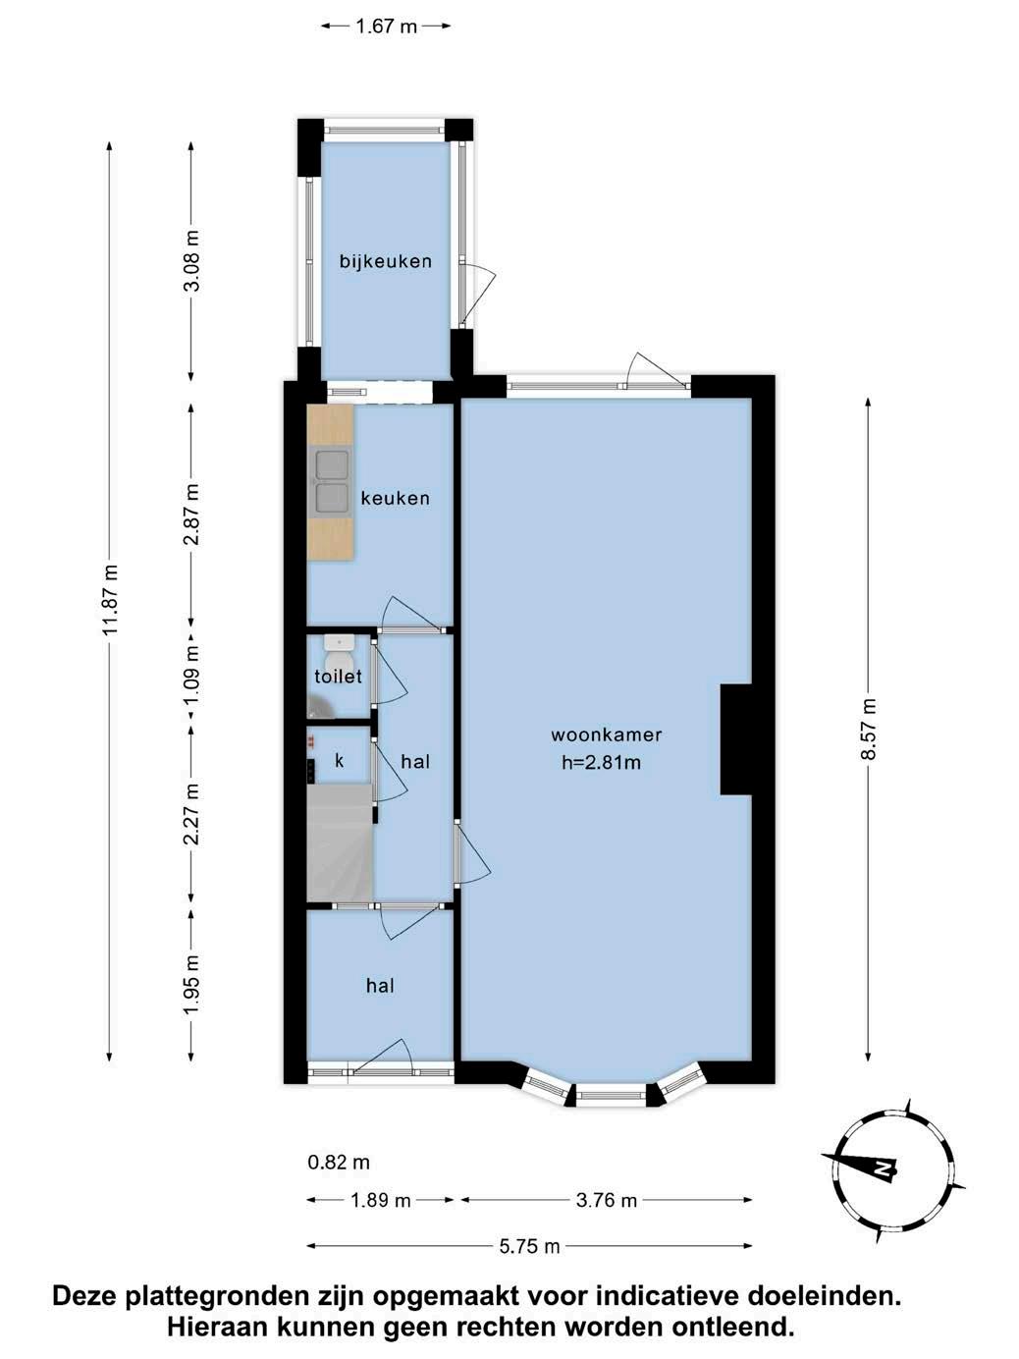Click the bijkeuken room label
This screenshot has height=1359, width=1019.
tap(385, 261)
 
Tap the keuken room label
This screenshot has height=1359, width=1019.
tap(395, 498)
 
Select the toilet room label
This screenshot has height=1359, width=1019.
tap(338, 677)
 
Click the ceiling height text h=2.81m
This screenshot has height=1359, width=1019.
tap(601, 762)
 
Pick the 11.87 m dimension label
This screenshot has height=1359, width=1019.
tap(110, 600)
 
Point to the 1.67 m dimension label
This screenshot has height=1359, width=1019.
tap(386, 26)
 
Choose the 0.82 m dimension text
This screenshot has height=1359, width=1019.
tap(339, 1162)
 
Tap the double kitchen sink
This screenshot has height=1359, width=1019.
tap(332, 482)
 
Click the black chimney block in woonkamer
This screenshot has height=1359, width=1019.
tap(735, 738)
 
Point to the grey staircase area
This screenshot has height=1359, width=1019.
tap(340, 843)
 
